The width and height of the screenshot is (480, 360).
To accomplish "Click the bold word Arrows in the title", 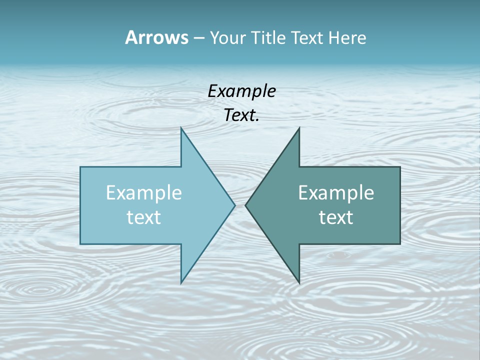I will (x=156, y=37).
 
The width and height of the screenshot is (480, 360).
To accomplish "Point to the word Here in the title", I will (x=347, y=38).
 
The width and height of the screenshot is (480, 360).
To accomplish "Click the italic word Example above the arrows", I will (x=241, y=91).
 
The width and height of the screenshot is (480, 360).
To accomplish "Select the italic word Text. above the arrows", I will (x=241, y=115).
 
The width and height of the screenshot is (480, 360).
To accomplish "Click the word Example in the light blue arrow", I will (x=144, y=193).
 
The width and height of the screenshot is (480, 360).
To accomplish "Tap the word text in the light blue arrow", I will (x=144, y=217).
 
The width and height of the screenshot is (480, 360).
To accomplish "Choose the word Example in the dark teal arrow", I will (x=336, y=193).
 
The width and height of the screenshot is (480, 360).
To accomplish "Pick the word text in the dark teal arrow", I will (x=336, y=217).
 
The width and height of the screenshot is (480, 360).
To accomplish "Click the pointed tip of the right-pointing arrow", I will (x=234, y=205).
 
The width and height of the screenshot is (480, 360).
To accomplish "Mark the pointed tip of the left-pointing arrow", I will (x=245, y=205).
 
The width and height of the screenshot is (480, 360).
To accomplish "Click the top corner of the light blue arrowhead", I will (x=181, y=128).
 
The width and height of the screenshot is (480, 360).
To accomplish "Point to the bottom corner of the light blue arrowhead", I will (x=181, y=282).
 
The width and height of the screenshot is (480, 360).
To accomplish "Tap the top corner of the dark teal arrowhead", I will (x=299, y=128).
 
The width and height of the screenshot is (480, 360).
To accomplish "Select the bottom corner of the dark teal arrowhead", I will (x=299, y=282).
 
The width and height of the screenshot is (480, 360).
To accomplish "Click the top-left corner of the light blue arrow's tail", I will (x=80, y=167).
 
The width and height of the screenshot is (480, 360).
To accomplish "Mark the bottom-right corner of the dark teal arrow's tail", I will (x=400, y=243).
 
